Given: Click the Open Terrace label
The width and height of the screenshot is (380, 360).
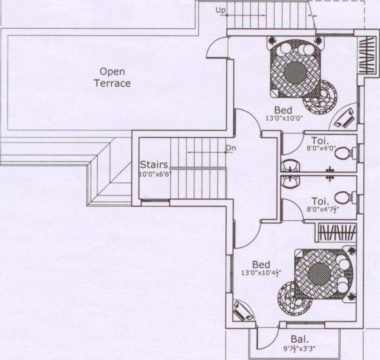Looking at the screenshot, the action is coord(112,77).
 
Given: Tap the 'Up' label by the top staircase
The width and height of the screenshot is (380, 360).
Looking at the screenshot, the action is coord(221,10).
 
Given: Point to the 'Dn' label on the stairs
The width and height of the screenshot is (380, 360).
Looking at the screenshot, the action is coord(231,148).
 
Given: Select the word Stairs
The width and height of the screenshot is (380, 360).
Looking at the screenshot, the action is coord(154,165).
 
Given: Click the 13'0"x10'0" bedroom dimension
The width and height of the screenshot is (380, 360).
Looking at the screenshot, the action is coord(284,118).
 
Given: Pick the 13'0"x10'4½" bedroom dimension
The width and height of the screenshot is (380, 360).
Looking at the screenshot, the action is coord(261,272).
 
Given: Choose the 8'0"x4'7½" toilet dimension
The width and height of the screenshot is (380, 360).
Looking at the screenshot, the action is coord(323,209).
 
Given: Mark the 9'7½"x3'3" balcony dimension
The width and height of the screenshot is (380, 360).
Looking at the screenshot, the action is coord(299,349).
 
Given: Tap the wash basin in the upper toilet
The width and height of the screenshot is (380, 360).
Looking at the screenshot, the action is coord(291,166).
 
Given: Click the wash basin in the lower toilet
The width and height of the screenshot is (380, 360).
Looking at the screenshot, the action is coord(291,182).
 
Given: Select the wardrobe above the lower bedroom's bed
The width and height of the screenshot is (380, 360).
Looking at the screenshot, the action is coord(337,232).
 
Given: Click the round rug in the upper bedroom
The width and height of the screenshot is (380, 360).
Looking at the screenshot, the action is coord(320,97).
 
